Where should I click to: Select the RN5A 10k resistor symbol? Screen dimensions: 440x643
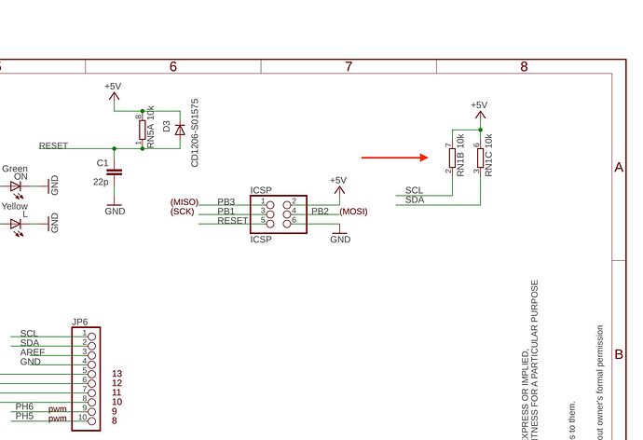point(143,130)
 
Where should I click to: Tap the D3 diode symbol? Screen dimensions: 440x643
point(180,129)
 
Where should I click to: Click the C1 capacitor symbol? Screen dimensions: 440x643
point(115,172)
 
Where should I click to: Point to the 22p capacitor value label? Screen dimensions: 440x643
point(100,184)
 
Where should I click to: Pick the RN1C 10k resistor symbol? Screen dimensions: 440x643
point(479,159)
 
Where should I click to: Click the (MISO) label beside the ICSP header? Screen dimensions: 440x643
point(185,201)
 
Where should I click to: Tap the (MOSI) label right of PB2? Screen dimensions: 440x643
point(354,212)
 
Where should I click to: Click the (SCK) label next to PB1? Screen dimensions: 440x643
point(182,212)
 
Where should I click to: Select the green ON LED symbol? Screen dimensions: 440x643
point(16,186)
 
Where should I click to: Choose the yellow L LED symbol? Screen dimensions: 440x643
point(16,224)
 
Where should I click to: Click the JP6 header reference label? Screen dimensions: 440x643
point(80,323)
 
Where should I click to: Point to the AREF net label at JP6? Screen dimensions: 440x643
point(33,352)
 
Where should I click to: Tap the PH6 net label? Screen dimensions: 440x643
point(25,406)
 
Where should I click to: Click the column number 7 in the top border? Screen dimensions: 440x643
point(349,66)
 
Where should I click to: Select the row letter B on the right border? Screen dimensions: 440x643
point(619,355)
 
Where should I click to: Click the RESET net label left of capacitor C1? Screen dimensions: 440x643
point(53,146)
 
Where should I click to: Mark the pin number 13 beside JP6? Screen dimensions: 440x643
point(116,374)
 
